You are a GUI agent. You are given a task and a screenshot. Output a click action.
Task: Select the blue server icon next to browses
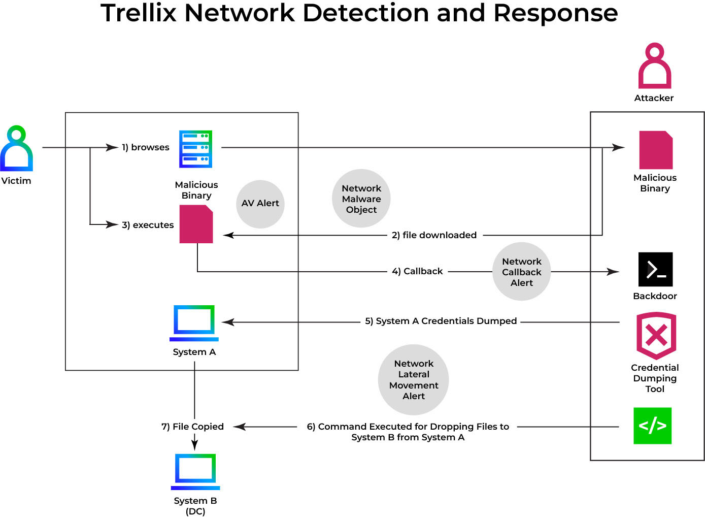click(x=195, y=149)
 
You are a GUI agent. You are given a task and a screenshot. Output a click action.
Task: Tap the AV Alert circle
click(x=260, y=204)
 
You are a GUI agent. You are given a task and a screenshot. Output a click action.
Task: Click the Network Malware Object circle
click(x=361, y=199)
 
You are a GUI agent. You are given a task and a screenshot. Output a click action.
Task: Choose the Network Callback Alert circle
click(x=522, y=272)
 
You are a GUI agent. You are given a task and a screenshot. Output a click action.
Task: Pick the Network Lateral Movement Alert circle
click(x=414, y=380)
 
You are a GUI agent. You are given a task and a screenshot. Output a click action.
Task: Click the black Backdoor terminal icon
click(x=655, y=269)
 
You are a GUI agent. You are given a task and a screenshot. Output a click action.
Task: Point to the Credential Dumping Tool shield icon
click(x=656, y=336)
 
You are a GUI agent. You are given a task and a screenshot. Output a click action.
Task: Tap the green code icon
click(x=652, y=426)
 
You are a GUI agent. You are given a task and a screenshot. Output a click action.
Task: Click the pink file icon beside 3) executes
click(x=196, y=224)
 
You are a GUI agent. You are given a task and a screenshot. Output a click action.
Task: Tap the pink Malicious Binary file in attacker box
click(x=656, y=150)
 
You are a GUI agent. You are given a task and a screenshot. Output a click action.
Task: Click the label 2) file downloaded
click(x=434, y=235)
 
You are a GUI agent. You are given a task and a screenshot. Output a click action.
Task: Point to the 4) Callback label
click(x=417, y=271)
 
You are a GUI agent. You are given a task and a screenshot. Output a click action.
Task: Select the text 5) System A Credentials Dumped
click(x=441, y=321)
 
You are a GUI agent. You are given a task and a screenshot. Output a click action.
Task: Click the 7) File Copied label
click(x=192, y=427)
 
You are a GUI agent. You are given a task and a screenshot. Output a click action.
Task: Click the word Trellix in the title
click(x=139, y=13)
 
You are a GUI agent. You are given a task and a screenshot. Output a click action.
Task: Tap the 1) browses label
click(x=146, y=147)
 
